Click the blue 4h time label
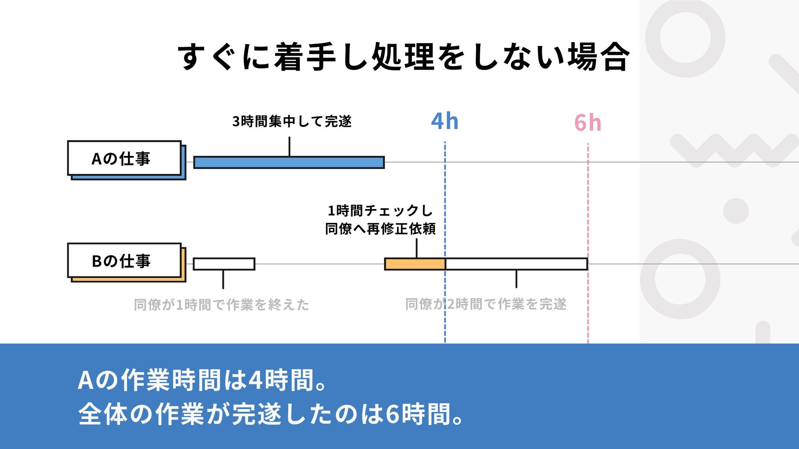click(x=444, y=121)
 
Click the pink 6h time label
click(x=588, y=123)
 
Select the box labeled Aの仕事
click(x=124, y=158)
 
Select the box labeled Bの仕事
click(x=124, y=261)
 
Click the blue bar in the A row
click(x=289, y=163)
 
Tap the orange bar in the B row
click(x=415, y=264)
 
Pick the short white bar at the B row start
click(x=224, y=264)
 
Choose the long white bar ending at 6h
click(x=516, y=264)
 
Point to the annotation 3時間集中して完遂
click(x=292, y=121)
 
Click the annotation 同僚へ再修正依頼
click(x=380, y=229)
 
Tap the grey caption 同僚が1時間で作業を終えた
click(x=221, y=305)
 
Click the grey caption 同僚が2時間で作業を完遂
click(x=486, y=304)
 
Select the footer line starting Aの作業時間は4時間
click(x=202, y=380)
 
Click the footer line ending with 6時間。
click(x=270, y=414)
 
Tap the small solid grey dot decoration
click(x=736, y=211)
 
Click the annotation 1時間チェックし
click(x=380, y=211)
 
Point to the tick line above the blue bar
click(x=289, y=147)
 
